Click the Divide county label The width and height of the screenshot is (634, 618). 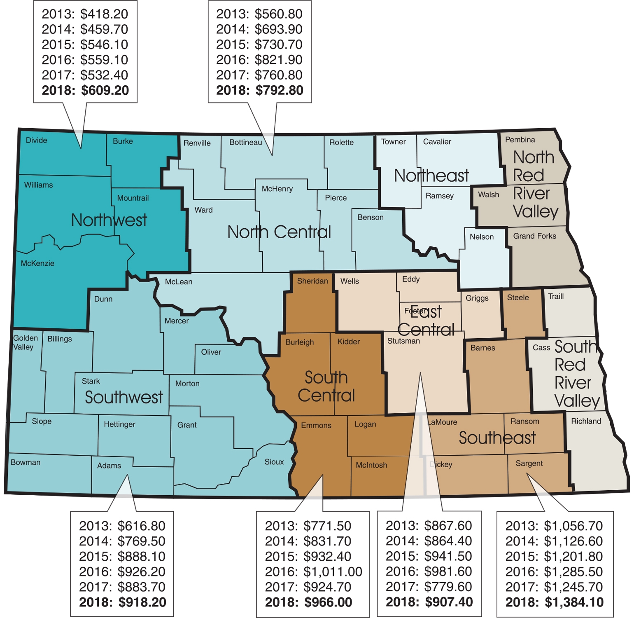point(36,140)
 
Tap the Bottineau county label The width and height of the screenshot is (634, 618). point(245,143)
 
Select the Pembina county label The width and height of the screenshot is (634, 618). point(520,140)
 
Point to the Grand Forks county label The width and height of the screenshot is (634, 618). point(534,236)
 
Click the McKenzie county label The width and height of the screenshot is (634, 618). point(37,264)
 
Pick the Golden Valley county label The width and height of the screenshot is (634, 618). point(25,342)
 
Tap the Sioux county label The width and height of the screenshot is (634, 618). point(274,462)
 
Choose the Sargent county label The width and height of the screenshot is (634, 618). point(529,463)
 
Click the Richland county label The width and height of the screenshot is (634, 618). point(586,421)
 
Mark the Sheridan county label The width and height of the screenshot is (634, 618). point(312,281)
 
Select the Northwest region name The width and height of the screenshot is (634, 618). point(109,220)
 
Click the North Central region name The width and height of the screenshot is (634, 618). point(279,232)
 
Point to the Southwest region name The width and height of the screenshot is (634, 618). point(124,397)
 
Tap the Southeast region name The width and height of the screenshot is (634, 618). point(497,438)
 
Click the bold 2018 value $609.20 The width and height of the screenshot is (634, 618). point(105,90)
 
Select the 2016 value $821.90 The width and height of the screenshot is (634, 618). point(278,60)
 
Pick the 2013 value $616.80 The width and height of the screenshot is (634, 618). point(141,526)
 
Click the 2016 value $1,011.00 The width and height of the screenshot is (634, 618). point(333,572)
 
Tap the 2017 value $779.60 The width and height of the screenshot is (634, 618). point(448,587)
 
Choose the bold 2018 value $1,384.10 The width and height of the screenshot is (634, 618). point(574,602)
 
